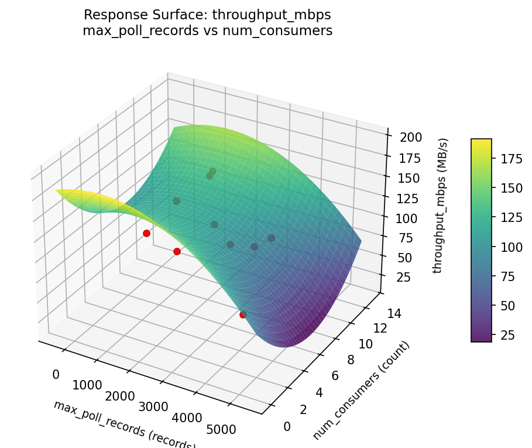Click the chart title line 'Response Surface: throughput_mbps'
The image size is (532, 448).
207,15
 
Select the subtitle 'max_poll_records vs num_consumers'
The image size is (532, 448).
207,31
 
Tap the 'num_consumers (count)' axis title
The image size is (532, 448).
361,390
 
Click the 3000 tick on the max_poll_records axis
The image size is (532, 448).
153,407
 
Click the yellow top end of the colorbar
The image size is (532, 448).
481,142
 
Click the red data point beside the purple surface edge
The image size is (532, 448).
243,314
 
